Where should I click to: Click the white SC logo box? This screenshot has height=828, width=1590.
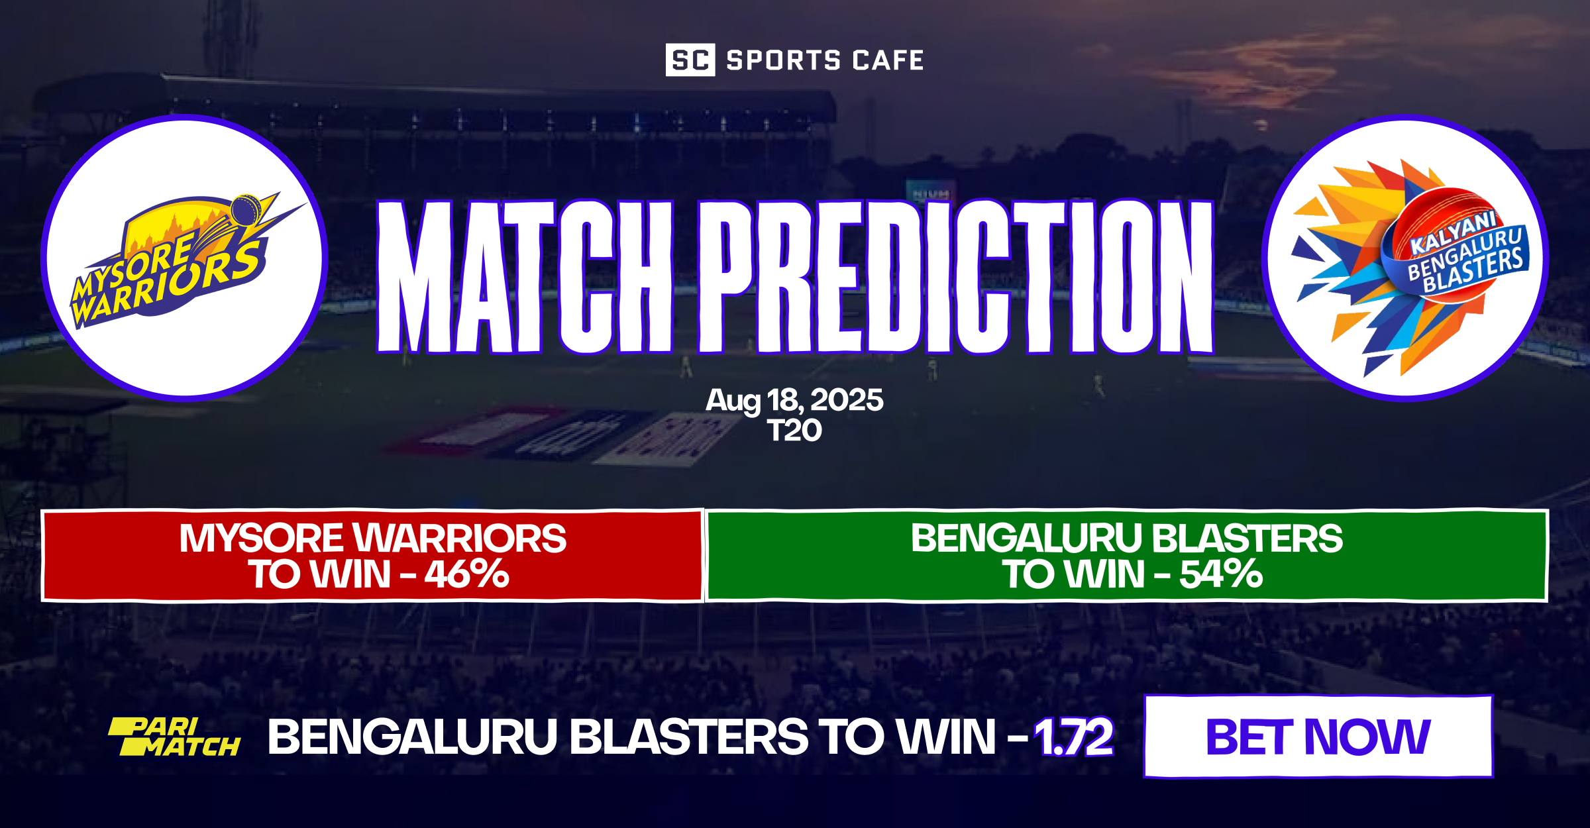coord(690,60)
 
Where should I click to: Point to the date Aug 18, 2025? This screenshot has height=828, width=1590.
coord(794,400)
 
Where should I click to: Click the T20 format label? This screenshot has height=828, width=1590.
coord(794,431)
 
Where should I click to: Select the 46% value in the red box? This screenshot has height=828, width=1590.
coord(466,574)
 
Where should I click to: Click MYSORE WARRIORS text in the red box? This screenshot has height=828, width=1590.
coord(372,538)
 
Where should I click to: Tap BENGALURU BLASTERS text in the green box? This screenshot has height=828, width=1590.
coord(1126,538)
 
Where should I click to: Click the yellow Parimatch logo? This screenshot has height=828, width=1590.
coord(174,737)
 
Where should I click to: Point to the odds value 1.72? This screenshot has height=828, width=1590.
coord(1073,737)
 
